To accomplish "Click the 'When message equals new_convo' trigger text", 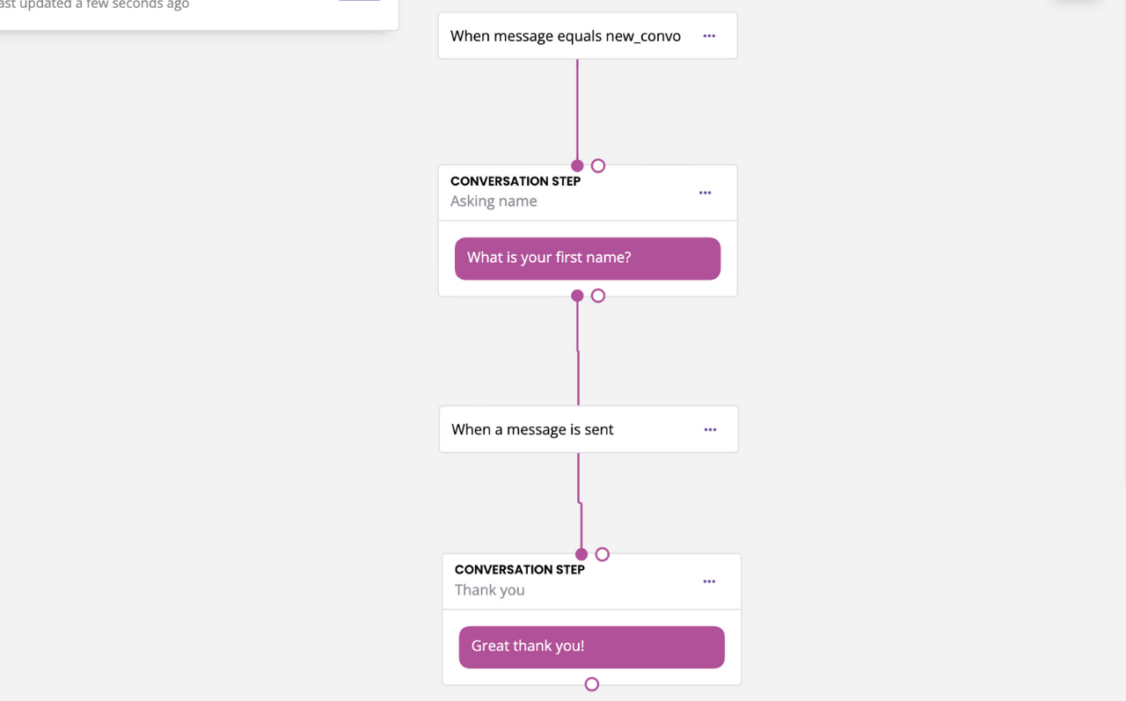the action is (565, 36).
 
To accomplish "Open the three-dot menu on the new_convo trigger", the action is (709, 36).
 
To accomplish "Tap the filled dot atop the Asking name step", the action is (577, 166).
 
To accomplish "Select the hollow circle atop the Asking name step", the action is (597, 166).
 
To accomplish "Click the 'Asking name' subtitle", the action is (494, 201).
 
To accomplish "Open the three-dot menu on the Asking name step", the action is (705, 193).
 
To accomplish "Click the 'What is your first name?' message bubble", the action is (587, 259).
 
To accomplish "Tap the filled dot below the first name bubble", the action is (577, 296).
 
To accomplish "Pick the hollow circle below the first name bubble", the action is (597, 296).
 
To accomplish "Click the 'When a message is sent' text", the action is (532, 429).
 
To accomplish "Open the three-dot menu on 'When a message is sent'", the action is (710, 429).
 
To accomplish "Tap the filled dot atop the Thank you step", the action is (581, 554).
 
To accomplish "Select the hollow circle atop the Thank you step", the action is (602, 554).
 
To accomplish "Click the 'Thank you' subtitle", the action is (489, 590).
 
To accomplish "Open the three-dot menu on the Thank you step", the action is (709, 581).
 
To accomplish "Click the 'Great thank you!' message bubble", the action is (591, 647).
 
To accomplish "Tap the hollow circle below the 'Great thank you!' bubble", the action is (592, 684).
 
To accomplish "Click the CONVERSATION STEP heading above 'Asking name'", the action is (515, 181).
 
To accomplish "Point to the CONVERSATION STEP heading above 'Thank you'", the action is (519, 570).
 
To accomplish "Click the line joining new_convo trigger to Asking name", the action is (577, 110).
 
